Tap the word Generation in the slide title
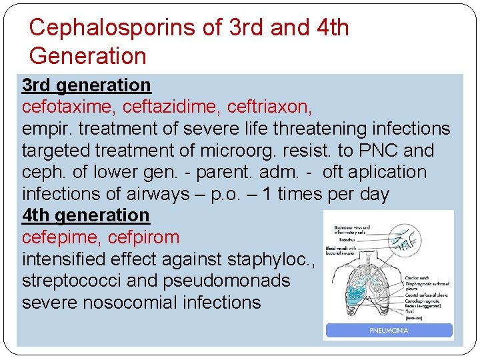(87, 55)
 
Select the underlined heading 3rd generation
(87, 85)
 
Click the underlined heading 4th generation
(86, 215)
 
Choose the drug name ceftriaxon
(269, 107)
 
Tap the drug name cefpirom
(144, 237)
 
